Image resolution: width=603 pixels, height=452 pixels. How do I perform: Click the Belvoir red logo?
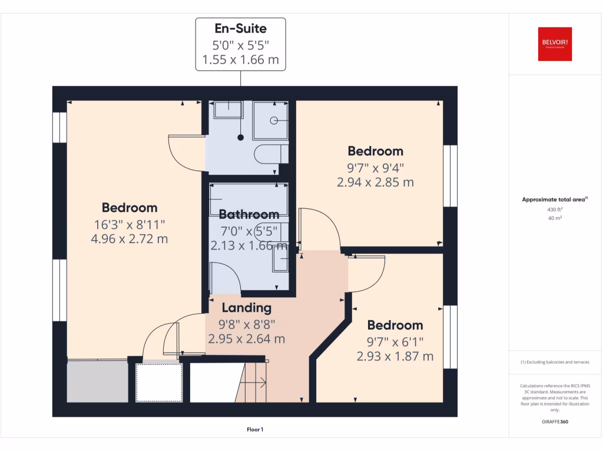555,44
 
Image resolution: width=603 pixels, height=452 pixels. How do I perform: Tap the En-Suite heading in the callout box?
240,28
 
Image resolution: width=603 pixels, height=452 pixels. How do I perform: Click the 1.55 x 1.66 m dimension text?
240,59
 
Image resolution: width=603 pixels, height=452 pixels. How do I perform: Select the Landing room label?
246,307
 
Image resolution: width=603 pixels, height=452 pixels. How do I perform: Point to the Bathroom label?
249,215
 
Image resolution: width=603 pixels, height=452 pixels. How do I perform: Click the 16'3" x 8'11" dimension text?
130,224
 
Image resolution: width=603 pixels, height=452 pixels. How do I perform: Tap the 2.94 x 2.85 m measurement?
375,182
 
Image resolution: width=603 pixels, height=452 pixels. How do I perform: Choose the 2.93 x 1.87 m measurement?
395,356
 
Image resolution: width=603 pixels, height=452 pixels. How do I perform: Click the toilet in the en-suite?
270,154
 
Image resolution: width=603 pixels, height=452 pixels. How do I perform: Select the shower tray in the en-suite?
270,121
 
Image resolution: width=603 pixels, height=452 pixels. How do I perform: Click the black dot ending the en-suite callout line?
240,138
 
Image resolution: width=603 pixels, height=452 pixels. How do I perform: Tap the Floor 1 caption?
255,430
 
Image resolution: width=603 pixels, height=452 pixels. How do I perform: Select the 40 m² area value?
555,218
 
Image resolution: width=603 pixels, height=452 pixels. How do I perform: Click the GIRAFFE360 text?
555,422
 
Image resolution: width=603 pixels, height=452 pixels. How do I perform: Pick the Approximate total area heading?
555,200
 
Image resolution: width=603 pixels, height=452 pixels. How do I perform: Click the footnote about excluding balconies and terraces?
555,362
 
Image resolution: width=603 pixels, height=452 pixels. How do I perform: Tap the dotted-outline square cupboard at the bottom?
159,383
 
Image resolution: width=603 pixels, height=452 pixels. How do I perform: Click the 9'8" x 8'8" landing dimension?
246,323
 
